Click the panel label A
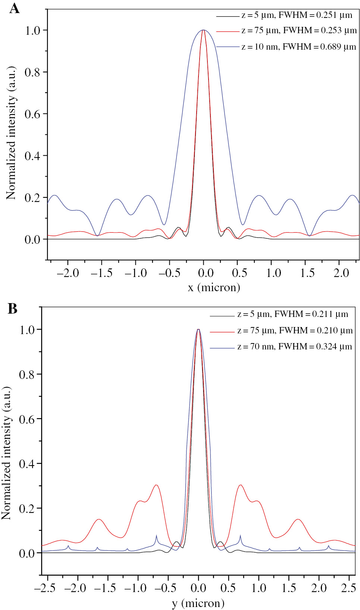click(x=14, y=8)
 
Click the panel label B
click(x=12, y=309)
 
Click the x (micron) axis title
click(x=214, y=287)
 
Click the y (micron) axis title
click(x=198, y=603)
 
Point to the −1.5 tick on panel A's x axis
click(x=101, y=273)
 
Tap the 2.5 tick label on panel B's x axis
click(x=348, y=588)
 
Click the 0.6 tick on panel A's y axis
click(x=32, y=114)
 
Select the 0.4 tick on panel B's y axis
click(x=27, y=464)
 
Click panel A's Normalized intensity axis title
click(x=11, y=133)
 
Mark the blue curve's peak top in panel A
click(x=203, y=30)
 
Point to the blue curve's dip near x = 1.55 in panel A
click(x=309, y=236)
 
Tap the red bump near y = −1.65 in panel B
click(x=98, y=519)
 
